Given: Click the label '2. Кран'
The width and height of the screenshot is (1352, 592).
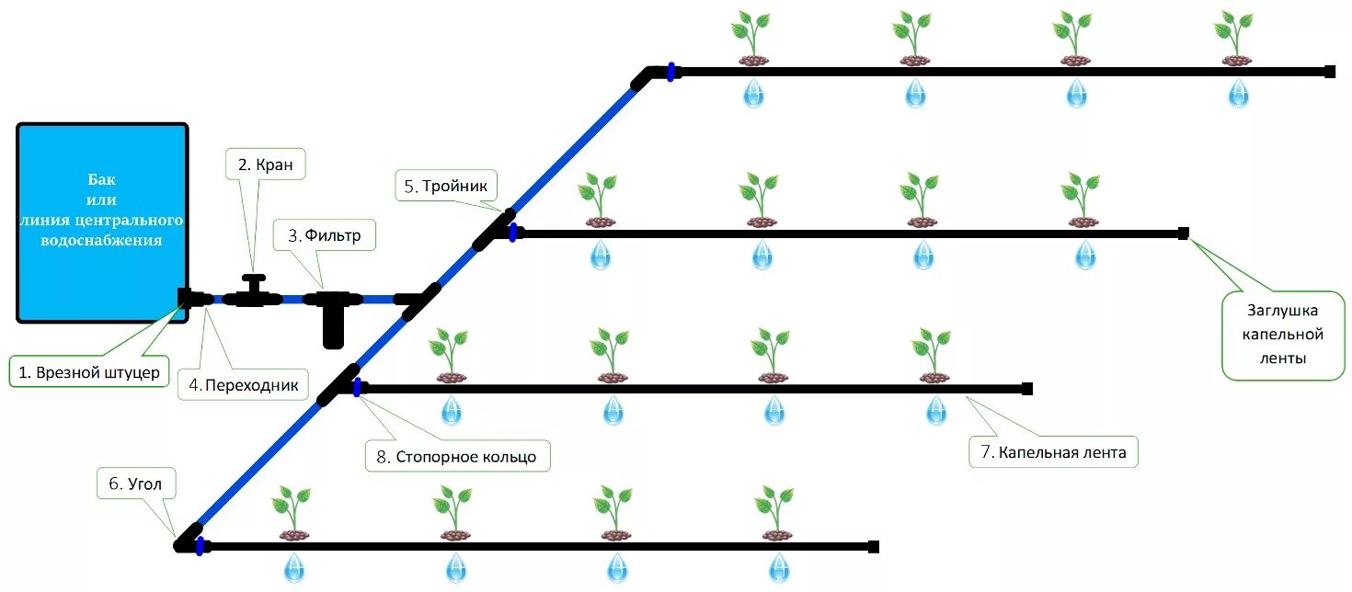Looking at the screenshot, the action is point(265,165).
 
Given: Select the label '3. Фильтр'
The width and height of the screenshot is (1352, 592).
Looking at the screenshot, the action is point(318,235).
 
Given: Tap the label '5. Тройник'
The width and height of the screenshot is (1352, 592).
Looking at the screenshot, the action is point(447,186).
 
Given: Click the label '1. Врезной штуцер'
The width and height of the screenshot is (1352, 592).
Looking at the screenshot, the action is point(90,372).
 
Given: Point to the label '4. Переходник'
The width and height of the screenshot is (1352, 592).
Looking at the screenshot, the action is point(244,385).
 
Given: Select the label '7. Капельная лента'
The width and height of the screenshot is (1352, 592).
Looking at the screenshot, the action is point(1054,452).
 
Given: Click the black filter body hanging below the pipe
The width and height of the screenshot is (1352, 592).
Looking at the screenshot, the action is point(333,327).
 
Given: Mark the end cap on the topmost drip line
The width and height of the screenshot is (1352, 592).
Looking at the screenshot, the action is point(1329,72).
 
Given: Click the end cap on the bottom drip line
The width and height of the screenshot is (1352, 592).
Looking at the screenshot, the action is point(873,547).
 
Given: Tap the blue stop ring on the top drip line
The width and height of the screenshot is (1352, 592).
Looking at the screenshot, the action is point(671,72).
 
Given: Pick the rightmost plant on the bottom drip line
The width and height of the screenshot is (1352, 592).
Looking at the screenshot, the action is point(774,513).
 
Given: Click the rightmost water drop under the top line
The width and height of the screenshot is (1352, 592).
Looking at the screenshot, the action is point(1239,93).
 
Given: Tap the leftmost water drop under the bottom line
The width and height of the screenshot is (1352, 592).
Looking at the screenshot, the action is point(293,567).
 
